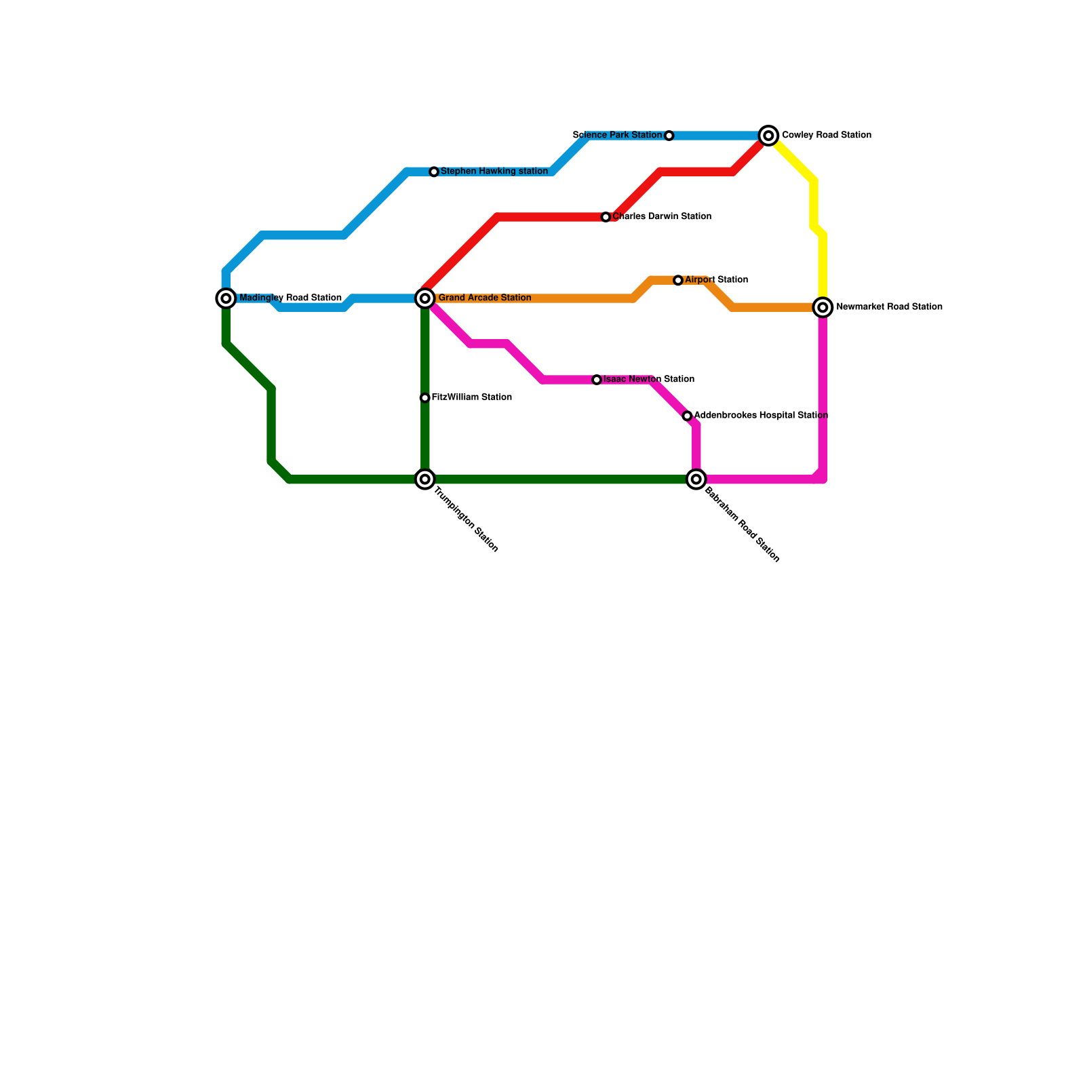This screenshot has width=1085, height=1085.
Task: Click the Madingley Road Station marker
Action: click(226, 298)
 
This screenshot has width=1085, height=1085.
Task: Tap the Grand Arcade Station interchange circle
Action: click(425, 298)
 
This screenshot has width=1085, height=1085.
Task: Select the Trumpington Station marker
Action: click(425, 479)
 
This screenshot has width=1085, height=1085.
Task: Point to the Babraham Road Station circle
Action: click(696, 479)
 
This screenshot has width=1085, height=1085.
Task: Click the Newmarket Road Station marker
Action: click(823, 308)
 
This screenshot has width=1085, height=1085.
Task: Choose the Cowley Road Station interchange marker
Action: click(768, 136)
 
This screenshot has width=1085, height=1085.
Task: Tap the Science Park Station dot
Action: click(669, 136)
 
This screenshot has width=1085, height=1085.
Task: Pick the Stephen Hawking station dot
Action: click(434, 172)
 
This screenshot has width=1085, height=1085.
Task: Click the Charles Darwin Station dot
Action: click(606, 217)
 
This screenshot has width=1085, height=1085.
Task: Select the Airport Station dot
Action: click(678, 280)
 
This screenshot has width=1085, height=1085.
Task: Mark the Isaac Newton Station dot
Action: click(597, 380)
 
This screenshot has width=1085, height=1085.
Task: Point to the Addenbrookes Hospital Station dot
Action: click(687, 416)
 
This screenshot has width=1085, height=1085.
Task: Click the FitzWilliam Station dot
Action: click(425, 398)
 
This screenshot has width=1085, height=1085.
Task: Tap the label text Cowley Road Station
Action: click(826, 136)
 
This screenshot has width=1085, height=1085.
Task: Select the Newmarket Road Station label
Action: click(889, 307)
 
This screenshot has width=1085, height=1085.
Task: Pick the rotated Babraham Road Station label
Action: click(742, 525)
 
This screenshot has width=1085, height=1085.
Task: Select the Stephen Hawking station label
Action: click(494, 172)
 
